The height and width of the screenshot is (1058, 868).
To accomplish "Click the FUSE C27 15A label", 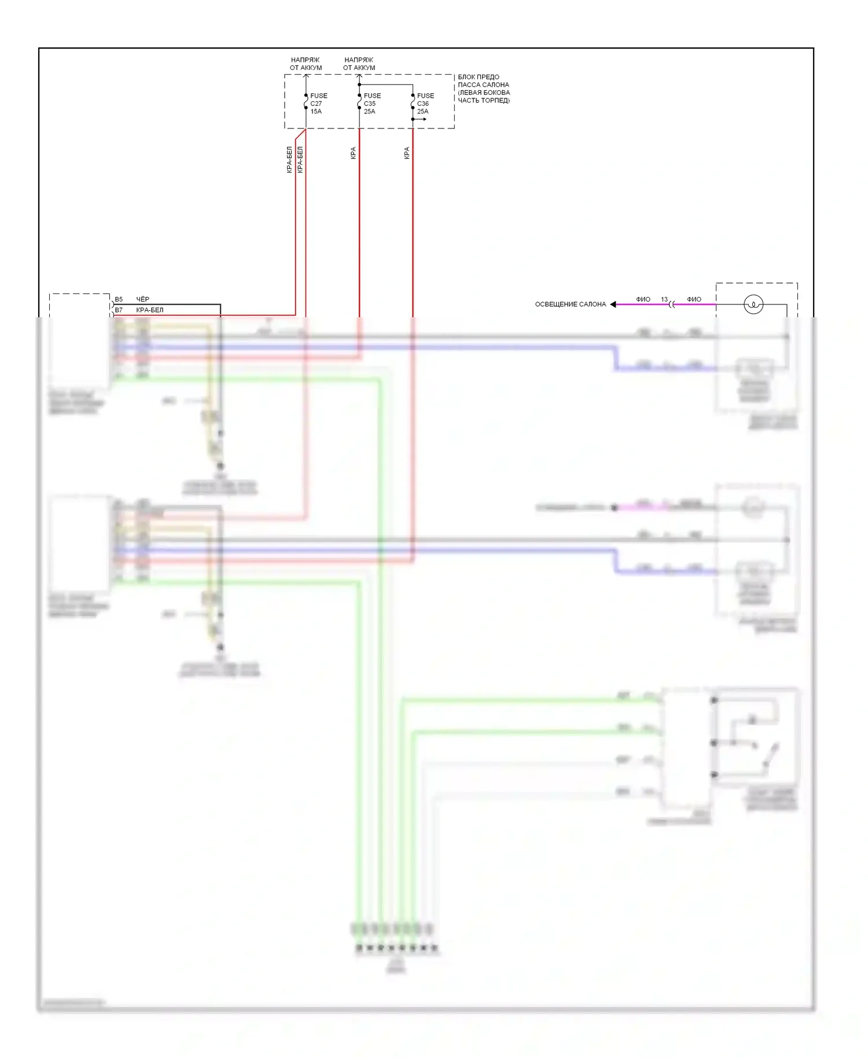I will (x=318, y=104).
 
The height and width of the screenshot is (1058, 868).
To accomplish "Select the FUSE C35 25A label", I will (x=372, y=104).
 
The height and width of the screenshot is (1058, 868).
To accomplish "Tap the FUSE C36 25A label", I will (x=425, y=104).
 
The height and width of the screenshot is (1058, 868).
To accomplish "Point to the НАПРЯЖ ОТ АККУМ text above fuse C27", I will (x=306, y=64).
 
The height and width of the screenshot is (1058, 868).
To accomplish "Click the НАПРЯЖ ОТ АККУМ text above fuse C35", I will (x=359, y=64).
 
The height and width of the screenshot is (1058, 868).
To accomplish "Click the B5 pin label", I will (x=119, y=299).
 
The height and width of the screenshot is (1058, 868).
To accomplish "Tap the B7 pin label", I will (x=119, y=310).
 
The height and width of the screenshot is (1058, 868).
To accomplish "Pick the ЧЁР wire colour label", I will (x=142, y=299).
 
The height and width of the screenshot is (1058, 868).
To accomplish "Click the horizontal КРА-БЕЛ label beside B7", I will (x=149, y=310).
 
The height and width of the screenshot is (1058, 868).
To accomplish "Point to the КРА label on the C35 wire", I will (x=353, y=153).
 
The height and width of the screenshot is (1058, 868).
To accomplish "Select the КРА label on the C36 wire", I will (x=406, y=153).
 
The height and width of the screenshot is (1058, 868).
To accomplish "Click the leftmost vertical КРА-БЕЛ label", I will (x=289, y=160).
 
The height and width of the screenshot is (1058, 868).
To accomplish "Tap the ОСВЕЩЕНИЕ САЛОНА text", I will (x=570, y=304).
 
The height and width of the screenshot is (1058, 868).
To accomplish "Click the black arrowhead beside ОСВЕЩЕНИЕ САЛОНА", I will (x=613, y=304).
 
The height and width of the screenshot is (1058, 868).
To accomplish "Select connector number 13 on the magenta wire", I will (x=664, y=299).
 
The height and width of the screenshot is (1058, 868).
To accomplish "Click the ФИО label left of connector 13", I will (x=643, y=299).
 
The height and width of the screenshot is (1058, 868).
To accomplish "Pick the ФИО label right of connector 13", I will (x=694, y=299).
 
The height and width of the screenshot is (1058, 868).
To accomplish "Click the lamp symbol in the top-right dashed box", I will (x=753, y=304).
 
